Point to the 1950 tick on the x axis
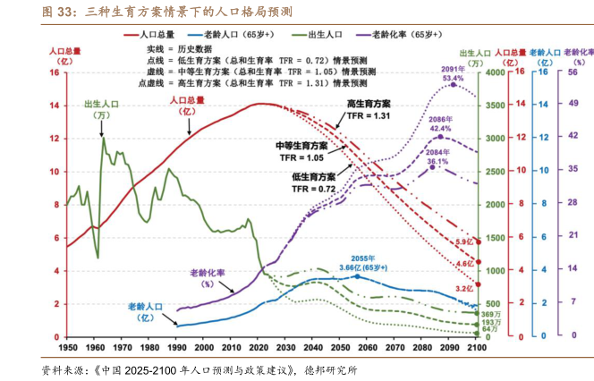tap(67, 345)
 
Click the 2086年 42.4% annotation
tap(440, 123)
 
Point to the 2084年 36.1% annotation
tap(437, 157)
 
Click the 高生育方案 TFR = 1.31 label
tap(369, 110)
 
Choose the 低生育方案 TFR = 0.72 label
tap(313, 182)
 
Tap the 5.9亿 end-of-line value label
tap(463, 242)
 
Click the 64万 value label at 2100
tap(489, 329)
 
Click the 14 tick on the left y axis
tap(55, 106)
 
